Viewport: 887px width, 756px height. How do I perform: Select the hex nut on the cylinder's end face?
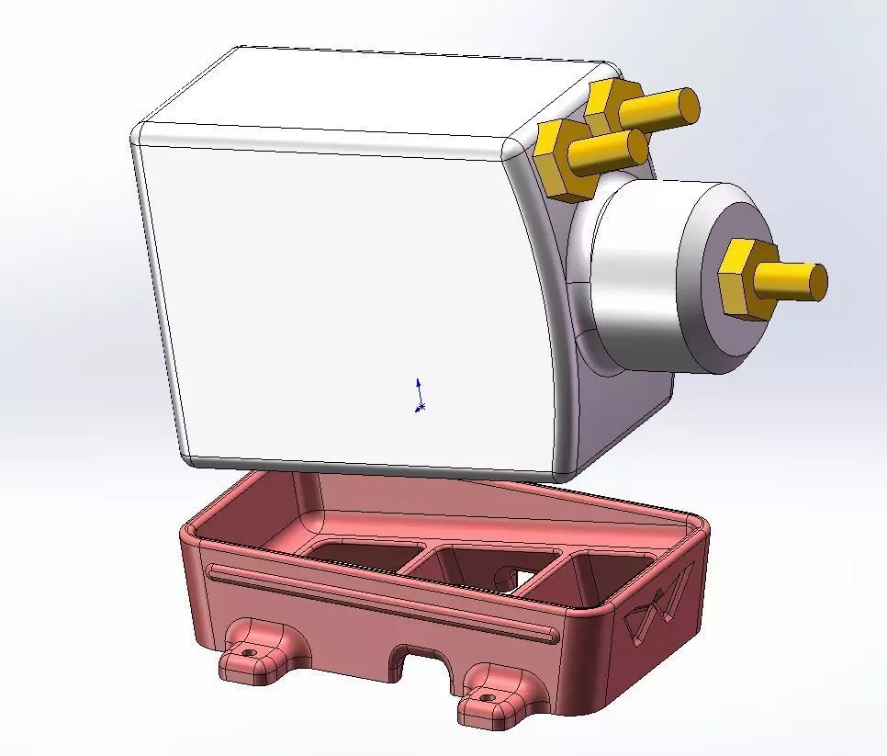pyautogui.click(x=742, y=280)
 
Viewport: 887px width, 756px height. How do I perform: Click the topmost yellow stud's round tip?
pyautogui.click(x=689, y=105)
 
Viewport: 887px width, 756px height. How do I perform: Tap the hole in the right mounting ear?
pyautogui.click(x=488, y=699)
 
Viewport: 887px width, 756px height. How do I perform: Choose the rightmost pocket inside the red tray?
pyautogui.click(x=606, y=574)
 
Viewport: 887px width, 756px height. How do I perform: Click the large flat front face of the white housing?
pyautogui.click(x=349, y=294)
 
